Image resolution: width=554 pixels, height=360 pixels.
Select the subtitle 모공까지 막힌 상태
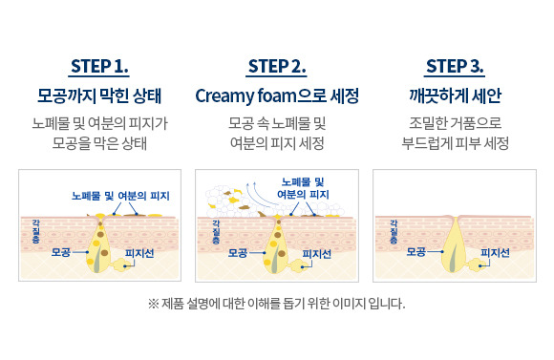[x=99, y=96]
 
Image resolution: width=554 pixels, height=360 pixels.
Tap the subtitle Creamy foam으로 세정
[x=277, y=96]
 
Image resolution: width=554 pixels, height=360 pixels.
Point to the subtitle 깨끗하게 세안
[x=455, y=96]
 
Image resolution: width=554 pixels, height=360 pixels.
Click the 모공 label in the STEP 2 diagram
[x=239, y=252]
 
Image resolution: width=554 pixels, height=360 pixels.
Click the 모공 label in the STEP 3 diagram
[x=416, y=252]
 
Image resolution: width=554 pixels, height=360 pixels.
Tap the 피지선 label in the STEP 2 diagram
[x=316, y=254]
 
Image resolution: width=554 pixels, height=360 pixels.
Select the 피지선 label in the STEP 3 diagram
[x=494, y=254]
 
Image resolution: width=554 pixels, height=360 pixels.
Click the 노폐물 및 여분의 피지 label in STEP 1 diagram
[x=120, y=196]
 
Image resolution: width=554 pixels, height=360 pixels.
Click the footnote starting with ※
[x=277, y=305]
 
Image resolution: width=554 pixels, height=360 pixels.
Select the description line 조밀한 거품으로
[x=455, y=124]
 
